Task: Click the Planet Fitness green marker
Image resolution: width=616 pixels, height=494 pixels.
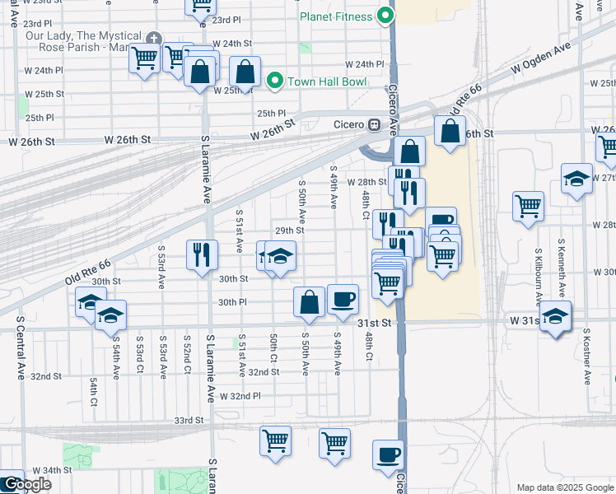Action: [x=385, y=16]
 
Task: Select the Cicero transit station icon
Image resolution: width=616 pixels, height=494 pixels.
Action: [x=374, y=124]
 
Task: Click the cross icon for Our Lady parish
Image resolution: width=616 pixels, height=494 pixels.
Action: [x=153, y=39]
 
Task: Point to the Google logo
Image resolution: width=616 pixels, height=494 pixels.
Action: [x=26, y=484]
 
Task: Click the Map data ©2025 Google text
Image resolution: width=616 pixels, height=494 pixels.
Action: [x=564, y=487]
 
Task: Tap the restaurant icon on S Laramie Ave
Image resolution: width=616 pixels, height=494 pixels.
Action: [x=202, y=254]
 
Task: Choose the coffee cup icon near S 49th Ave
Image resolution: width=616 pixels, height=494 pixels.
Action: [x=343, y=299]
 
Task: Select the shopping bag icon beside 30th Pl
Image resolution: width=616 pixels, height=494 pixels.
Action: [x=309, y=302]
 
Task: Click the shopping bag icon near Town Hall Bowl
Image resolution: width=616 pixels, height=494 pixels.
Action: [x=245, y=71]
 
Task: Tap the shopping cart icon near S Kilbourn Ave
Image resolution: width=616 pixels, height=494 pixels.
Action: [x=528, y=207]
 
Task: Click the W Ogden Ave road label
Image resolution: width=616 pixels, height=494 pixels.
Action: [x=540, y=59]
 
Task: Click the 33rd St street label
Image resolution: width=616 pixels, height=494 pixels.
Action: [x=188, y=420]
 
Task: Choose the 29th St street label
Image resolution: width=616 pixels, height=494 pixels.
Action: [x=289, y=231]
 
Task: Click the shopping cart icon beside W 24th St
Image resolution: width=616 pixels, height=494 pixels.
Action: [x=145, y=58]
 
